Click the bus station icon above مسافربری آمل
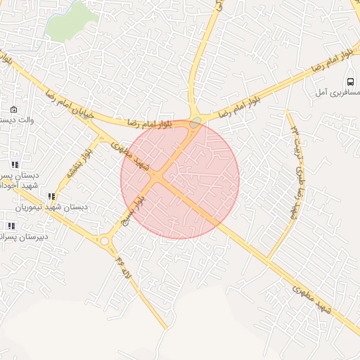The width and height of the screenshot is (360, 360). (351, 82)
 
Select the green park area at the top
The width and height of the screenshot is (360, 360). (70, 21)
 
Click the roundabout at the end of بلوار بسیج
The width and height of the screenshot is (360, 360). (105, 241)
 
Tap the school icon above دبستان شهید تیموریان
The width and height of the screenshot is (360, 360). (50, 197)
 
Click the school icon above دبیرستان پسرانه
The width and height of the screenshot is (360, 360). (11, 226)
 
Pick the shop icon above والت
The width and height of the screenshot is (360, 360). (14, 109)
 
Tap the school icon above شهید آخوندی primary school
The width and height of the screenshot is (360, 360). (15, 165)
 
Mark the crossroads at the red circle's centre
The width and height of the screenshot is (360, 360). (160, 178)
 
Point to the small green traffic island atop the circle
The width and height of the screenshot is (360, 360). (195, 122)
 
